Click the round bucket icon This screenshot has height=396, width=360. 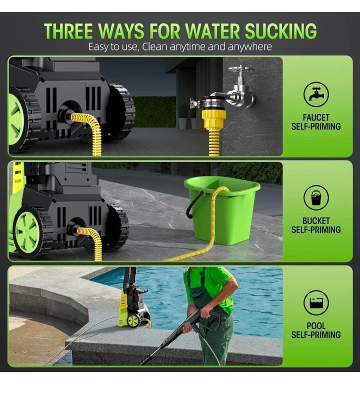click(x=315, y=197)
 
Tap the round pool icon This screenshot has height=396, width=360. click(x=315, y=303)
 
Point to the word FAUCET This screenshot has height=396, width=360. click(x=315, y=118)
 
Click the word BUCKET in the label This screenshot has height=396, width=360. click(x=315, y=220)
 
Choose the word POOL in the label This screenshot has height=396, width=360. click(x=315, y=326)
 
